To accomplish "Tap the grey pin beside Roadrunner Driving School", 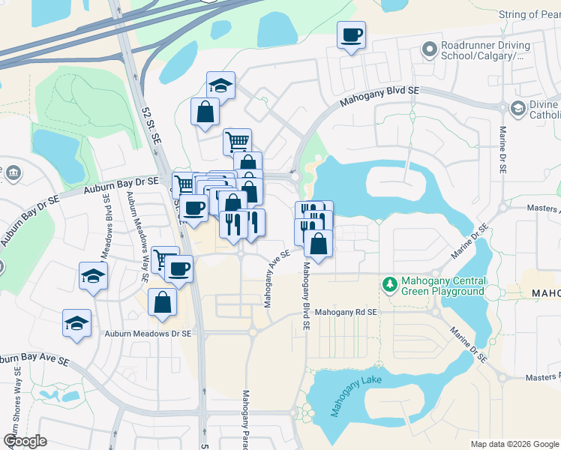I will [430, 49].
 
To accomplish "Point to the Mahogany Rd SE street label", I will [344, 311].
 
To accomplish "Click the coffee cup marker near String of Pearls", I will [351, 34].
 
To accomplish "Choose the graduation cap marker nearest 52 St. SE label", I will [220, 85].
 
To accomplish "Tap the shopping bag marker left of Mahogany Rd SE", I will [162, 303].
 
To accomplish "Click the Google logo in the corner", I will [25, 441].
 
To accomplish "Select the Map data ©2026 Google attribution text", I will [514, 444].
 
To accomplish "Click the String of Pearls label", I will [529, 14].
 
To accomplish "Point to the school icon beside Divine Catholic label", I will [517, 109].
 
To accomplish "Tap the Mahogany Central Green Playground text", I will [443, 286].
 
